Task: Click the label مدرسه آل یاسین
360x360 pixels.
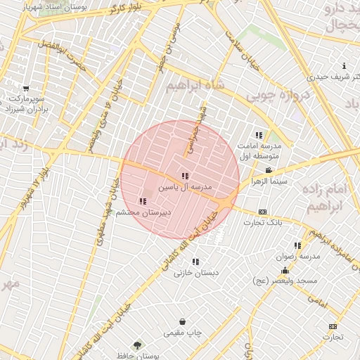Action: click(x=184, y=188)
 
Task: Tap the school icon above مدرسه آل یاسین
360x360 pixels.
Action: click(x=185, y=176)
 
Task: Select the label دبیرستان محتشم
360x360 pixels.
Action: click(x=143, y=212)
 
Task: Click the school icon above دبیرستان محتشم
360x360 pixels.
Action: click(x=143, y=201)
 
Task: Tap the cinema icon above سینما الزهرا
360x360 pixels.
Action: click(x=269, y=171)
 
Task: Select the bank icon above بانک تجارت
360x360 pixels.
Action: click(x=263, y=212)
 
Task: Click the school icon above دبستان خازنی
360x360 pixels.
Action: click(x=195, y=262)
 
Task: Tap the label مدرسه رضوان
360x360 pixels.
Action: click(x=300, y=257)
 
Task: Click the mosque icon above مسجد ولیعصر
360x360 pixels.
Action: click(x=285, y=270)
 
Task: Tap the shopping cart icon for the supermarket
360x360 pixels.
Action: click(x=26, y=88)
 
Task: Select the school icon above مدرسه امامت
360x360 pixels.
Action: click(x=259, y=135)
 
